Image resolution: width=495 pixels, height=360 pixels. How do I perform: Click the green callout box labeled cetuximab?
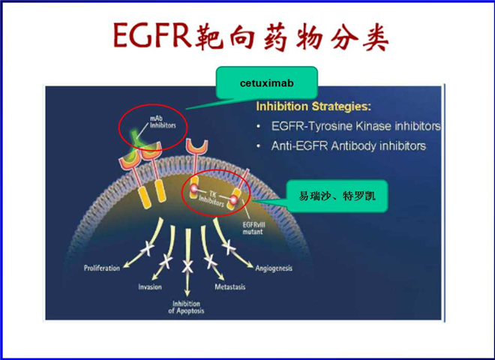[x=267, y=82]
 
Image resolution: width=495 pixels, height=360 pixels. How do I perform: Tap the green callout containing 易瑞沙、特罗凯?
[x=337, y=196]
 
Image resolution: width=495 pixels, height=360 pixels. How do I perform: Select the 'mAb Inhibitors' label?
[x=163, y=122]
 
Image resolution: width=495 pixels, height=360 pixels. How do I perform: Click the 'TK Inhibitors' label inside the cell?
[x=211, y=199]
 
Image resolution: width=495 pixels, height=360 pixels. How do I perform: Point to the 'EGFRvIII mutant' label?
[x=253, y=228]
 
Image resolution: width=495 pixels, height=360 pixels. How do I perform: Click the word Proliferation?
[x=102, y=268]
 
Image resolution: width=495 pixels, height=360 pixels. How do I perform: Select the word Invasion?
[x=150, y=286]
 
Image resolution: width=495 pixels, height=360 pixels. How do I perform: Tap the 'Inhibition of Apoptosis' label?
[x=186, y=307]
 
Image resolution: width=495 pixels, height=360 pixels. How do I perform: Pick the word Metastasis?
[x=229, y=286]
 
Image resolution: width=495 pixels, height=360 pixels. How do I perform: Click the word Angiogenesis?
[x=274, y=268]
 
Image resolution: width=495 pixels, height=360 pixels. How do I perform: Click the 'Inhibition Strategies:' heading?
[x=313, y=106]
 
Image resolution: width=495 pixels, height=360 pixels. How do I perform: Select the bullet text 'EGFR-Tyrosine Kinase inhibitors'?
[x=355, y=126]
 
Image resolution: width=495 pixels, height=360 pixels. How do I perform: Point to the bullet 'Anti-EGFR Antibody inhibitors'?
[x=349, y=146]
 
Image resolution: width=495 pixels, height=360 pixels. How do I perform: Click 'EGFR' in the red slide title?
[x=152, y=35]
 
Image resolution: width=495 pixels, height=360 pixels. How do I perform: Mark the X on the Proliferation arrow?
[x=148, y=249]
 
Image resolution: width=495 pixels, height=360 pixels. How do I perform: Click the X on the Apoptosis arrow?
[x=187, y=267]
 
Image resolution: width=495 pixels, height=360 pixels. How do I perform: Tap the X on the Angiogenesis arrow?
[x=229, y=247]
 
